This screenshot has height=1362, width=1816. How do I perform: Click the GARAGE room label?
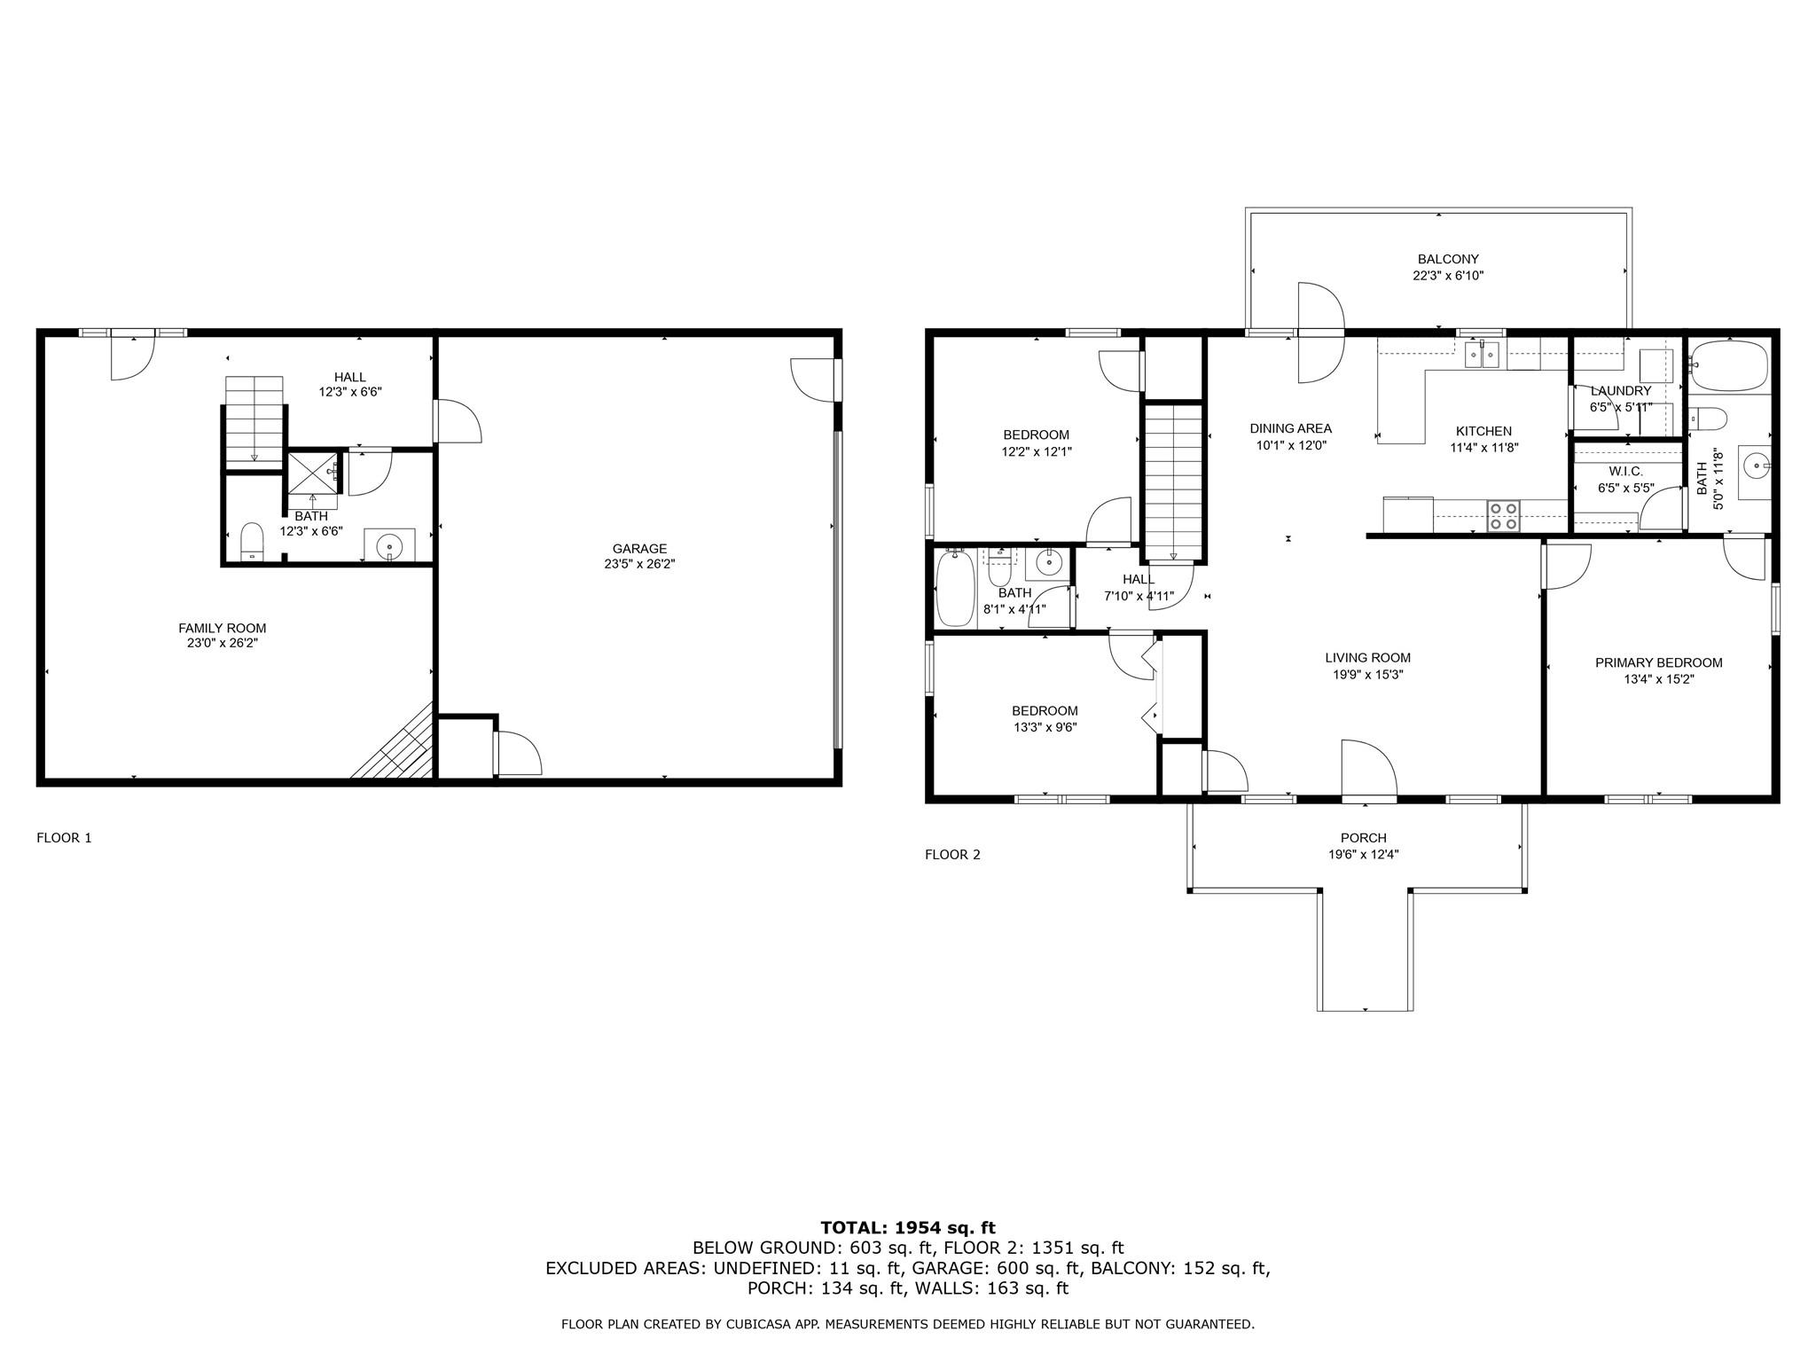pos(639,549)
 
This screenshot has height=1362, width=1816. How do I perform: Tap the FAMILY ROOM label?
pos(222,629)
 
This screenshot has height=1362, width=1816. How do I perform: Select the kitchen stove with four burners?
pos(1503,515)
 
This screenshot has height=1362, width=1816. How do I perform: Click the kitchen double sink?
pos(1482,355)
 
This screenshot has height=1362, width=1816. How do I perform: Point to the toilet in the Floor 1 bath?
pos(253,543)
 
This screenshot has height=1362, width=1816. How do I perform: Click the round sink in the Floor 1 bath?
pos(389,546)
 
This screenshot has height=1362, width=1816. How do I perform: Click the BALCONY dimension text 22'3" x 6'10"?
pos(1448,276)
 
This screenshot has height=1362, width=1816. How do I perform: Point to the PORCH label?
pos(1364,838)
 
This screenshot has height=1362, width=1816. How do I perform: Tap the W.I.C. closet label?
pos(1626,472)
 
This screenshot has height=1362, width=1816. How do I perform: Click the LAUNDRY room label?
pos(1621,391)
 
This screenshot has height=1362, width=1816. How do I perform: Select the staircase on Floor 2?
pos(1173,481)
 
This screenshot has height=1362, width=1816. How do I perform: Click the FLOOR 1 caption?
pos(64,838)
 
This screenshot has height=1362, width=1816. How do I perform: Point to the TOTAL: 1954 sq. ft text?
pos(908,1228)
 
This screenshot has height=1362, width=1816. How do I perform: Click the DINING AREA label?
pos(1291,428)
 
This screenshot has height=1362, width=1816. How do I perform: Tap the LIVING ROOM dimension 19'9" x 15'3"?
pos(1367,675)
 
